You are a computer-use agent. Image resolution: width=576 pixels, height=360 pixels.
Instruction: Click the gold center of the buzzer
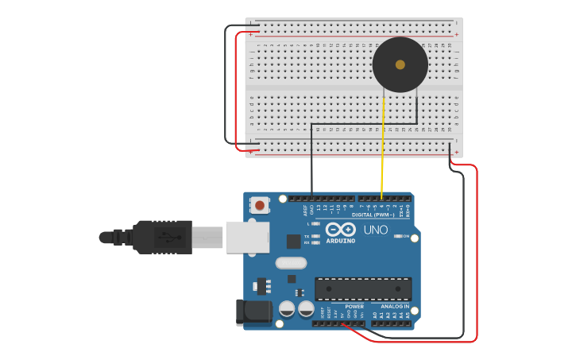click(400, 64)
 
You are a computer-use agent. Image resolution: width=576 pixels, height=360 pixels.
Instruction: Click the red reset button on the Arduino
click(260, 206)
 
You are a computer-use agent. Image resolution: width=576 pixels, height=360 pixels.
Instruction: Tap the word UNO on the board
click(375, 230)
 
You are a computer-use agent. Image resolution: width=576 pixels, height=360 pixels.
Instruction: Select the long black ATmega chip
click(363, 288)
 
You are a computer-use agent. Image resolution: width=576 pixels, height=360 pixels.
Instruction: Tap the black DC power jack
click(252, 312)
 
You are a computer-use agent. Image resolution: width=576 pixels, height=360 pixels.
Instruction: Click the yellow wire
click(383, 143)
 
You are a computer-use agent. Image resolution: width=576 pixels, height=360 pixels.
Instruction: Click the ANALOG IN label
click(395, 306)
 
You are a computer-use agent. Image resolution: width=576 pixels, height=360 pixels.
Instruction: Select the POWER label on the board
click(354, 306)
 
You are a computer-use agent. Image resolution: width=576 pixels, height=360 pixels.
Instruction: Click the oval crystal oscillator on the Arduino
click(290, 263)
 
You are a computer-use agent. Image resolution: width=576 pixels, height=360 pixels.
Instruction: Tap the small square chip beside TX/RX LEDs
click(294, 241)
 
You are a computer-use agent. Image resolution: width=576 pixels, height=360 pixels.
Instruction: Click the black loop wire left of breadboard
click(227, 87)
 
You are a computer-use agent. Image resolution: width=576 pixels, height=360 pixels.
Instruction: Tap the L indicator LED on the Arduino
click(316, 224)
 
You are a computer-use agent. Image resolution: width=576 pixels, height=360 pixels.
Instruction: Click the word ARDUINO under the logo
click(340, 239)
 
